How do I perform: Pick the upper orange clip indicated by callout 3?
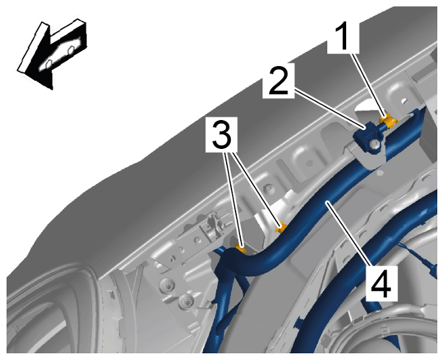281,228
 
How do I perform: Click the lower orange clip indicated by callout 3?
241,249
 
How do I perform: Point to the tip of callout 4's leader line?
327,201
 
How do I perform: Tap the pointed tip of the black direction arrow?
52,90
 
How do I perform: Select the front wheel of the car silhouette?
49,64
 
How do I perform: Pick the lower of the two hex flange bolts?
185,300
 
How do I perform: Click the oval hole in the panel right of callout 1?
404,100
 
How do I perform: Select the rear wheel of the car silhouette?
71,51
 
